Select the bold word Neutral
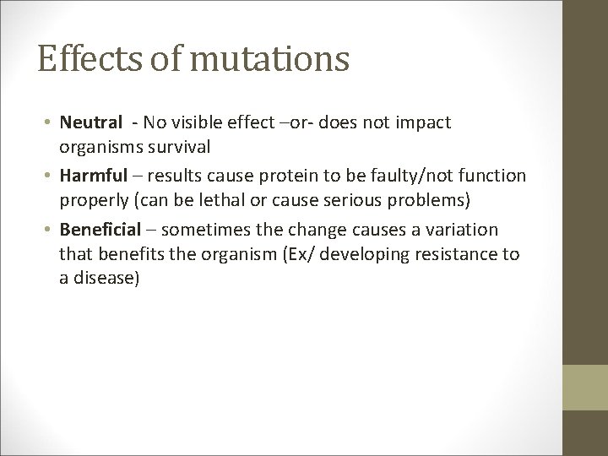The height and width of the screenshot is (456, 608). tap(88, 123)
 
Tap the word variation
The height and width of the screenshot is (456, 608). tap(465, 230)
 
